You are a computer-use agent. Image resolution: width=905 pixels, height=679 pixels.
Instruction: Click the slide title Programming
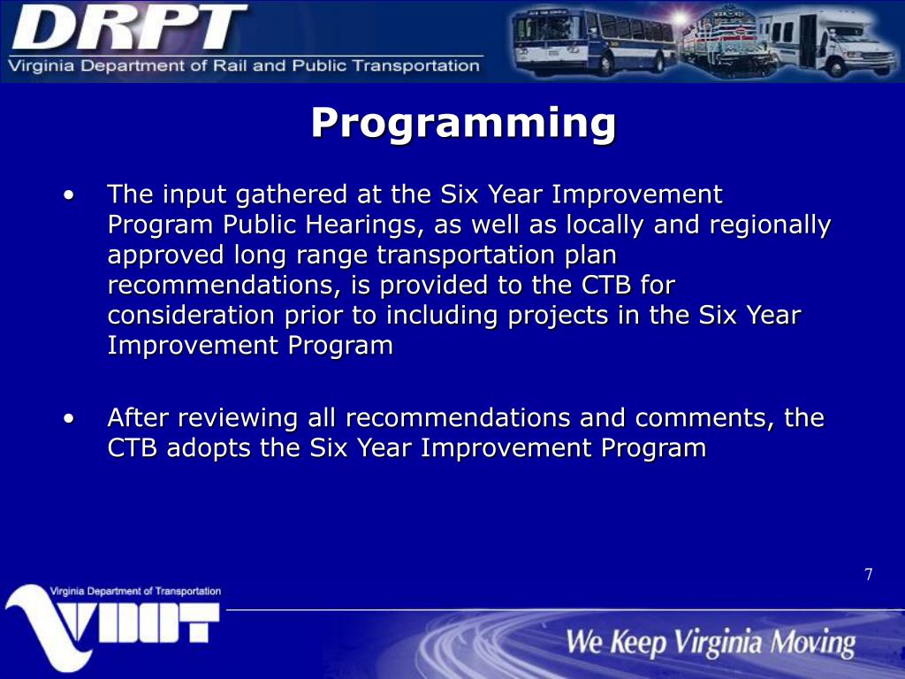coord(464,122)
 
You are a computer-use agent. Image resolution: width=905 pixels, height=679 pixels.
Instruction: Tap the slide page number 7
coord(869,575)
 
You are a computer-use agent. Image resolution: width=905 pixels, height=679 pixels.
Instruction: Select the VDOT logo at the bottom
coord(112,627)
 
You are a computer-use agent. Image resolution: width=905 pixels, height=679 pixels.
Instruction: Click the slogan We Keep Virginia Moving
coord(711,643)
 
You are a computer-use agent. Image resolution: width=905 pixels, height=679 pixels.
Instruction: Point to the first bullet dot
coord(69,195)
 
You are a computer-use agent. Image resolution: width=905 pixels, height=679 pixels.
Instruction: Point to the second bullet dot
coord(69,418)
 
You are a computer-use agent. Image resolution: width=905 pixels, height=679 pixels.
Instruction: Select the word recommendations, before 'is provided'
coord(224,286)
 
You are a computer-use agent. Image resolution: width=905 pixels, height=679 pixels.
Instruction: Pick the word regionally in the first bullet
coord(770,225)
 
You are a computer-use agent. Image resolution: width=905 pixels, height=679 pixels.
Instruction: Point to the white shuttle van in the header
coord(828,42)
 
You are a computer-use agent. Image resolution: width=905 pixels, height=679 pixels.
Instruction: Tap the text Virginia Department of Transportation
coord(135,591)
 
